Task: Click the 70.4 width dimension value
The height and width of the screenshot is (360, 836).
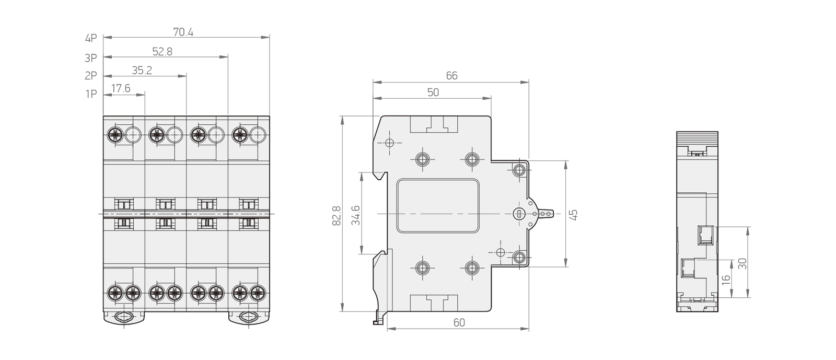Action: [183, 32]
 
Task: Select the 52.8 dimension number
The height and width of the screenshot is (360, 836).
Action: [162, 52]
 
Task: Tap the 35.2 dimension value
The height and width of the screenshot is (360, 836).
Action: [142, 71]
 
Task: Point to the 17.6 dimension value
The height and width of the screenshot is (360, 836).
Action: [121, 88]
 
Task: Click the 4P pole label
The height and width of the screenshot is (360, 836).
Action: [91, 39]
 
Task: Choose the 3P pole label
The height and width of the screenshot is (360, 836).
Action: [91, 58]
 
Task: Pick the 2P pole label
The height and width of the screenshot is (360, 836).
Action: [91, 76]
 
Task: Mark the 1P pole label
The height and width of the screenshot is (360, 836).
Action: [91, 94]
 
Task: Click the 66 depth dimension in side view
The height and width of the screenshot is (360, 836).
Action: [451, 76]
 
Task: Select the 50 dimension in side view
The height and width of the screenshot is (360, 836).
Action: [433, 92]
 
